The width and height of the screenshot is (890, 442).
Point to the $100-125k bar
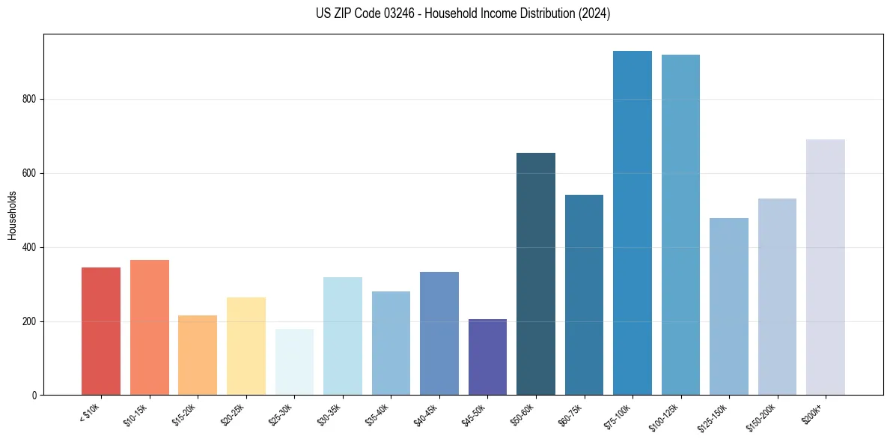(680, 225)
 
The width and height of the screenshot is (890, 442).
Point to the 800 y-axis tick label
(30, 100)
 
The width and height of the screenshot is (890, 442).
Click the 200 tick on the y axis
(30, 321)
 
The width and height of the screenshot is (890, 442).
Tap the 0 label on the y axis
(34, 396)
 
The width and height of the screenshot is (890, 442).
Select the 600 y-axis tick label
(30, 173)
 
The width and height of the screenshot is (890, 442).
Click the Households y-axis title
(12, 215)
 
